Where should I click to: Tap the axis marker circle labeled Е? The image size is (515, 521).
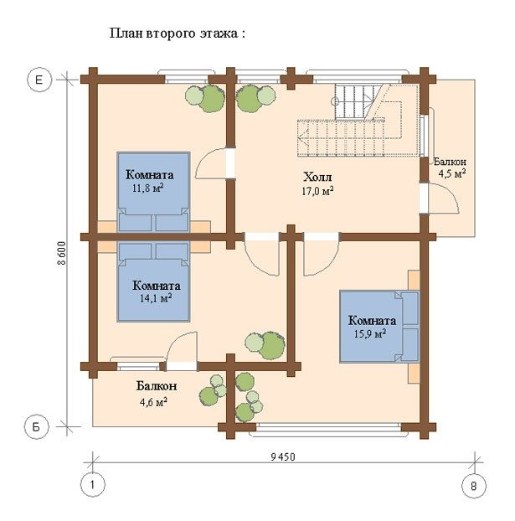coord(39,80)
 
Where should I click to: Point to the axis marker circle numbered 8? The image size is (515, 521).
coord(473,484)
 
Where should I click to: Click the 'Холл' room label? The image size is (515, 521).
coord(317,178)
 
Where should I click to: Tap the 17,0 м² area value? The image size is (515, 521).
coord(317,191)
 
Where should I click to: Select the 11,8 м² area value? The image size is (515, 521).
coord(148,188)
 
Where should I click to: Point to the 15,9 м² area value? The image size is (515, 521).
coord(370,333)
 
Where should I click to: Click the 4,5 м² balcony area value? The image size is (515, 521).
coord(451,173)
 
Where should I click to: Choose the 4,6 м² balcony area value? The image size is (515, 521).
coord(153,400)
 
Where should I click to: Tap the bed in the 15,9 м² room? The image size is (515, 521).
coord(379,326)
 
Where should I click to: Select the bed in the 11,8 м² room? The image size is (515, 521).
coord(152,191)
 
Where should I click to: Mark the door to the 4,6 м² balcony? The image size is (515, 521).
coord(181,350)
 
